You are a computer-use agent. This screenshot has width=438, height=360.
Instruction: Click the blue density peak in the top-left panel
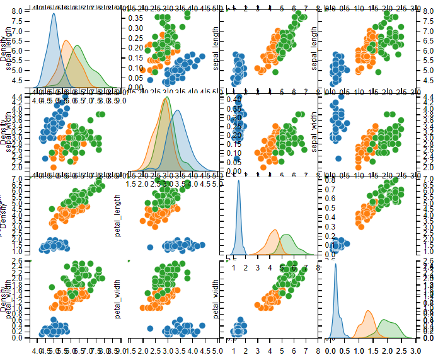(54, 14)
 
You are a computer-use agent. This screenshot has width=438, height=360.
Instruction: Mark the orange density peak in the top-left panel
(67, 41)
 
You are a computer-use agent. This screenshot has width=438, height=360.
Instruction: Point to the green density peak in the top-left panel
(78, 47)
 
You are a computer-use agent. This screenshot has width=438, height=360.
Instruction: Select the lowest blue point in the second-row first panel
(45, 158)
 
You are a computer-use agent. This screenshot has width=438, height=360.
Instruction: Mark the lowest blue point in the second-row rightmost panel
(338, 158)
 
